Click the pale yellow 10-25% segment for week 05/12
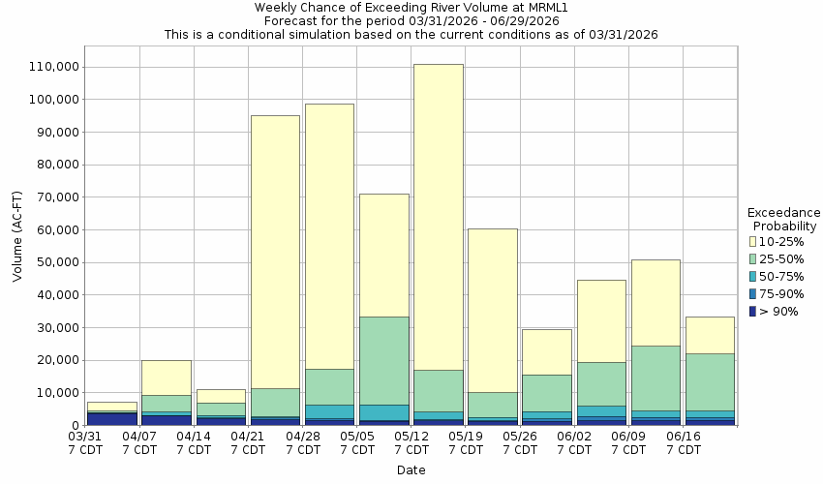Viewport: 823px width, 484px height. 438,217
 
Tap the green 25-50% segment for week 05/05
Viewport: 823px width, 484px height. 383,360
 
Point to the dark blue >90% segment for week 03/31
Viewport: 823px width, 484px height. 111,418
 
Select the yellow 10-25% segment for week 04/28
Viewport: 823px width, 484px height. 329,236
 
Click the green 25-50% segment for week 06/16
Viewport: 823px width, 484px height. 710,381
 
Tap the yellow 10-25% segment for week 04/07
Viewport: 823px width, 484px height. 166,378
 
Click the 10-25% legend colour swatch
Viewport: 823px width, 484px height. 752,241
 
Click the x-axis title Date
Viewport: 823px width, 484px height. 411,470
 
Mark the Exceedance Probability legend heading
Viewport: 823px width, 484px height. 784,219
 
